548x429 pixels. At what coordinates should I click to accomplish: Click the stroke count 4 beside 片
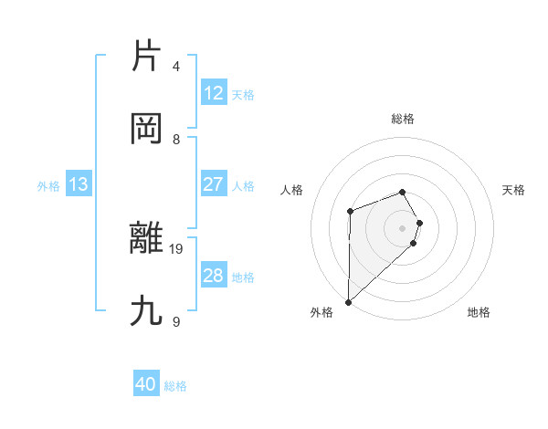pos(176,67)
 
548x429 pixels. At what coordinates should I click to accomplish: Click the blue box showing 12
pos(213,93)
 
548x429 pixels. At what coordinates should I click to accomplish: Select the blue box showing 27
pos(213,184)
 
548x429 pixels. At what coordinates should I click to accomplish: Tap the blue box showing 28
pos(213,276)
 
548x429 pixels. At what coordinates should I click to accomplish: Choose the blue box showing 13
pos(78,184)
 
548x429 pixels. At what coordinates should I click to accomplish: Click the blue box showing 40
pos(146,384)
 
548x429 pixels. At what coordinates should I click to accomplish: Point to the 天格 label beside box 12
pos(243,94)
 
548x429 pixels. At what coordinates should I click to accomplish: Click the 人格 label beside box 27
pos(243,185)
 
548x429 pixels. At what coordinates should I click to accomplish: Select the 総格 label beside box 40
pos(175,385)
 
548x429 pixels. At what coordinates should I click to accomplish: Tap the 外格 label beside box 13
pos(48,185)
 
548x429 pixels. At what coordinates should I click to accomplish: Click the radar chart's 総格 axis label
pos(403,119)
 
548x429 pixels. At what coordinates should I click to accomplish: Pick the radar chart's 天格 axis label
pos(514,190)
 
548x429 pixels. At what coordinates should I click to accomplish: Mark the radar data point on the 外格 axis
pos(348,301)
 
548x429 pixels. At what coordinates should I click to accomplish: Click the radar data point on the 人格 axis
pos(350,212)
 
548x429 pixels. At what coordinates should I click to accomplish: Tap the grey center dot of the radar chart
pos(403,227)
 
